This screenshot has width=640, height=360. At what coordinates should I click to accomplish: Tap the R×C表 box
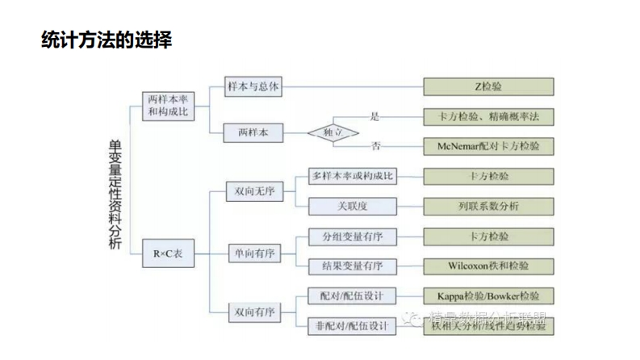[168, 253]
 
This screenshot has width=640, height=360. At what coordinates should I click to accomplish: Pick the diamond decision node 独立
[333, 132]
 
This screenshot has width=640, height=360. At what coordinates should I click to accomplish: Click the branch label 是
[374, 116]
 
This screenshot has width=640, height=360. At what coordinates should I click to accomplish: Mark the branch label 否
[376, 146]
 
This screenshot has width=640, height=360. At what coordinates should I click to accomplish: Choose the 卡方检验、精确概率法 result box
[488, 117]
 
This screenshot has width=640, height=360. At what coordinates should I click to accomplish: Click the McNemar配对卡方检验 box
[488, 146]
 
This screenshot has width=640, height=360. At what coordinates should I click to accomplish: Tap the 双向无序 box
[253, 191]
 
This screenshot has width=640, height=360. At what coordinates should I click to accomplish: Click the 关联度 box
[353, 206]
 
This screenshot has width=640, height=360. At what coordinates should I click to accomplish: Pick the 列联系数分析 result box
[488, 206]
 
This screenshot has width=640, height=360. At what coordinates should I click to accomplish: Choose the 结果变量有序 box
[353, 266]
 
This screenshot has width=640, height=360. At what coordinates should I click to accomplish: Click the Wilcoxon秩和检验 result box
[488, 266]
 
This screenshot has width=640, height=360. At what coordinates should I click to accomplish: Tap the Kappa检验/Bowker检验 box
[488, 295]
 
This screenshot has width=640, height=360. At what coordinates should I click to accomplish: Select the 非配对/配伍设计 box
[353, 326]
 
